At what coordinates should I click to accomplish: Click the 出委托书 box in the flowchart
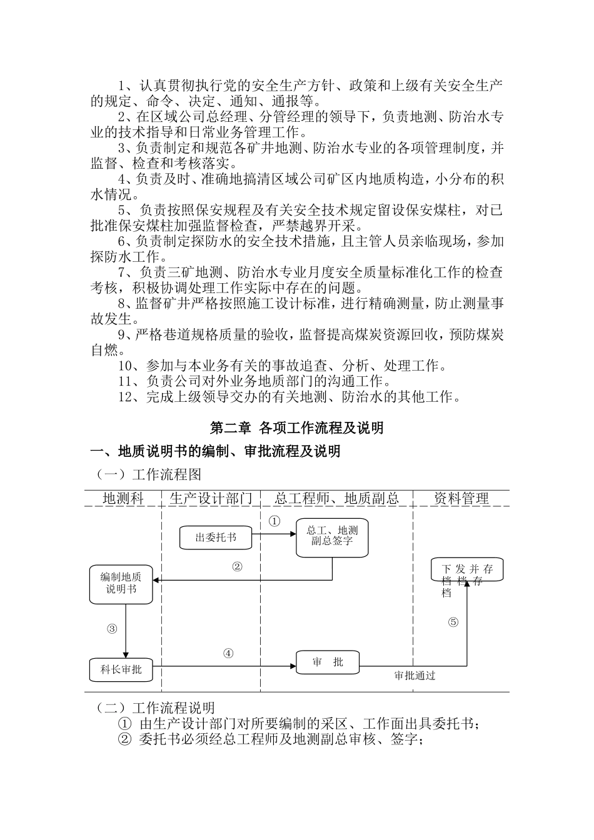tap(215, 537)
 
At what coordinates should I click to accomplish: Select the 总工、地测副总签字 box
tap(332, 536)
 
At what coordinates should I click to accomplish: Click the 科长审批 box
tap(121, 669)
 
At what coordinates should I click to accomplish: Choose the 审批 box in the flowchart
tap(328, 662)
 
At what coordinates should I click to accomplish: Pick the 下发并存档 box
tap(466, 571)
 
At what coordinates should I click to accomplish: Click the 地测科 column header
tap(123, 498)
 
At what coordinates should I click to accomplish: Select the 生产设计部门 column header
tap(211, 498)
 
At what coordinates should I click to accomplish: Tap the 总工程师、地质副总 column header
tap(336, 498)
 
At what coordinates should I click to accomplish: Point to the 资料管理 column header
tap(461, 498)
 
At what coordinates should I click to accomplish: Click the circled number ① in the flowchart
tap(274, 520)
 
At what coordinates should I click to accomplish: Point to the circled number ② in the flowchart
tap(237, 567)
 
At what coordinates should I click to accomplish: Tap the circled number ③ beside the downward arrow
tap(112, 629)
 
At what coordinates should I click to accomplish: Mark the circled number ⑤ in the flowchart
tap(453, 622)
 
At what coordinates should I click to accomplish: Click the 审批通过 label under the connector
tap(415, 676)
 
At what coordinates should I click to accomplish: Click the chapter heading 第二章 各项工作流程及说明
tap(296, 427)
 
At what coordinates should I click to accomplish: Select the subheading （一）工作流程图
tap(149, 474)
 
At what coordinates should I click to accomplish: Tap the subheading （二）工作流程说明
tap(156, 707)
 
